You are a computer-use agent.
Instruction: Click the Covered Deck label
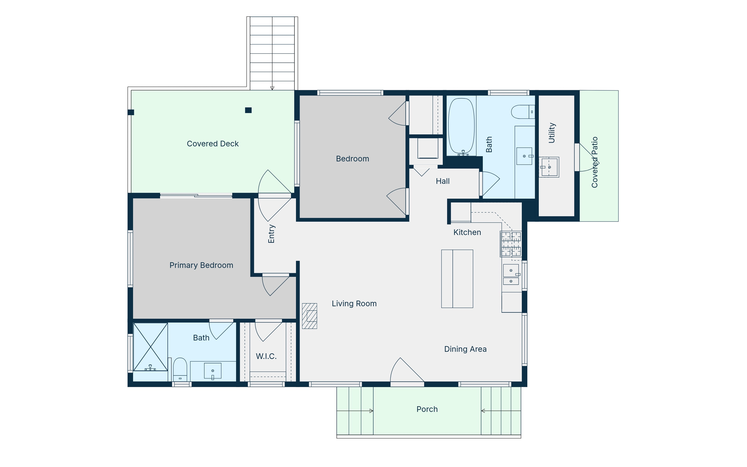coord(213,144)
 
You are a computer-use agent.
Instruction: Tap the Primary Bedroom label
coord(201,265)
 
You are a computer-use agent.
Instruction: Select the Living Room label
coord(354,304)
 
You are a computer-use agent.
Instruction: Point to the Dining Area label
coord(465,349)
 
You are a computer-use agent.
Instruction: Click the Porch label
coord(427,409)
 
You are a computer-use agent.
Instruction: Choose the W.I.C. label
coord(266,356)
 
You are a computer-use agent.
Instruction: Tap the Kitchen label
coord(467,232)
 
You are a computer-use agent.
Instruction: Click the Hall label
coord(443,181)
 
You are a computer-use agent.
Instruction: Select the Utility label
coord(552,133)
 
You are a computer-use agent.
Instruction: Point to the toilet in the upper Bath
coord(523,112)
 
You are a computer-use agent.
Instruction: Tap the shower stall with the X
coord(150,347)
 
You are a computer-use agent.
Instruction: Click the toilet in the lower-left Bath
coord(180,369)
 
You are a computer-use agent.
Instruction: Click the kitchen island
coord(457,279)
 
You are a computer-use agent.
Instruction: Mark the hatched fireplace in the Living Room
coord(309,316)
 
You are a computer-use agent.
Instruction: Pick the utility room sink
coord(549,167)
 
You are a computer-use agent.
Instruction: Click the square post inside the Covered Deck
coord(248,110)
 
